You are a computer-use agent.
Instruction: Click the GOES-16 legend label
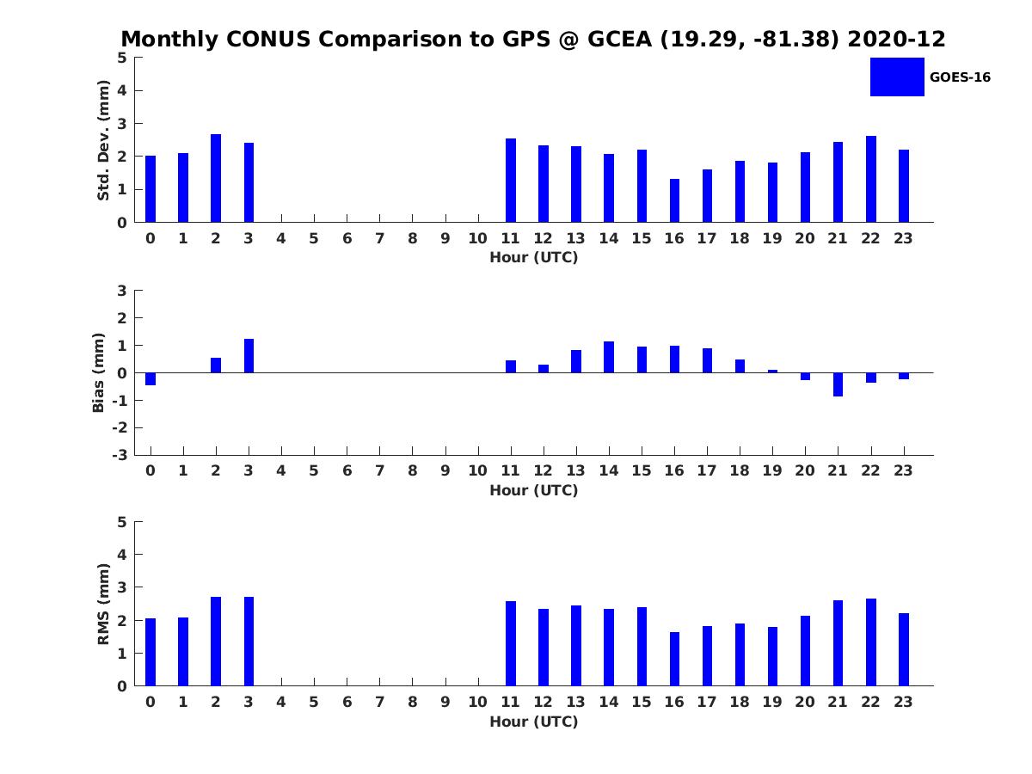[960, 77]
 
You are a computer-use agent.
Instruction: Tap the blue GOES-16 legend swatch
[897, 77]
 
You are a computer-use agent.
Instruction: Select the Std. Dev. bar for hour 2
[216, 178]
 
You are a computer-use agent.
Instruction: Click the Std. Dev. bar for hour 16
[674, 200]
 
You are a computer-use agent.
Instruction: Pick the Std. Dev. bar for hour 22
[871, 179]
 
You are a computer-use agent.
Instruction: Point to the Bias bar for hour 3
[249, 356]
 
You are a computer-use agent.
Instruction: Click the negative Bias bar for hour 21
[838, 384]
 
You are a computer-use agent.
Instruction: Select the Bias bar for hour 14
[609, 357]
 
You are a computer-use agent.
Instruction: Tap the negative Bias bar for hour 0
[150, 378]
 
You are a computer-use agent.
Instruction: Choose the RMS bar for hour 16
[674, 659]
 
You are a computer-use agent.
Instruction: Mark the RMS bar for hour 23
[904, 649]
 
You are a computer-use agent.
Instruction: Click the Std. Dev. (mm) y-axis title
[103, 140]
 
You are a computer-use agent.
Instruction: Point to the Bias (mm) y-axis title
[99, 372]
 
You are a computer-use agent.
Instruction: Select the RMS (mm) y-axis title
[103, 604]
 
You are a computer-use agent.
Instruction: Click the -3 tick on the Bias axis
[121, 455]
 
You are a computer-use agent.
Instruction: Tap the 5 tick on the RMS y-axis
[122, 522]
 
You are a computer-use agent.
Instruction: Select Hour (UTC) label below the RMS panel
[533, 722]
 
